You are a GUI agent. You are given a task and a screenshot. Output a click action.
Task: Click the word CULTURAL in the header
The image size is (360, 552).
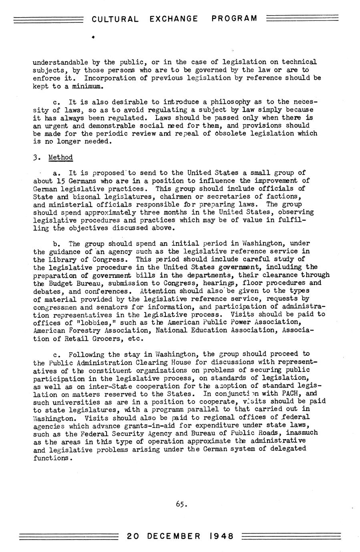115,19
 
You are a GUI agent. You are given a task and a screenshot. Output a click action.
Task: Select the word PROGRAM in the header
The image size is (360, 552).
234,19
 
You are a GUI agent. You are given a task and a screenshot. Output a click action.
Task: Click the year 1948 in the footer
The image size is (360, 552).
220,536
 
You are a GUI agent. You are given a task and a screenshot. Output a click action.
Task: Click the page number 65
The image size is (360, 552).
181,504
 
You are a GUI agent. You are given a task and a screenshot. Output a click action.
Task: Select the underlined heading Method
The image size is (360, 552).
60,157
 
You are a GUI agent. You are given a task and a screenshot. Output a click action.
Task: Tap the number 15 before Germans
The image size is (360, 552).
61,181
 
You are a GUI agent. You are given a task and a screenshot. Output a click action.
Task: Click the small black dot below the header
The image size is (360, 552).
93,37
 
